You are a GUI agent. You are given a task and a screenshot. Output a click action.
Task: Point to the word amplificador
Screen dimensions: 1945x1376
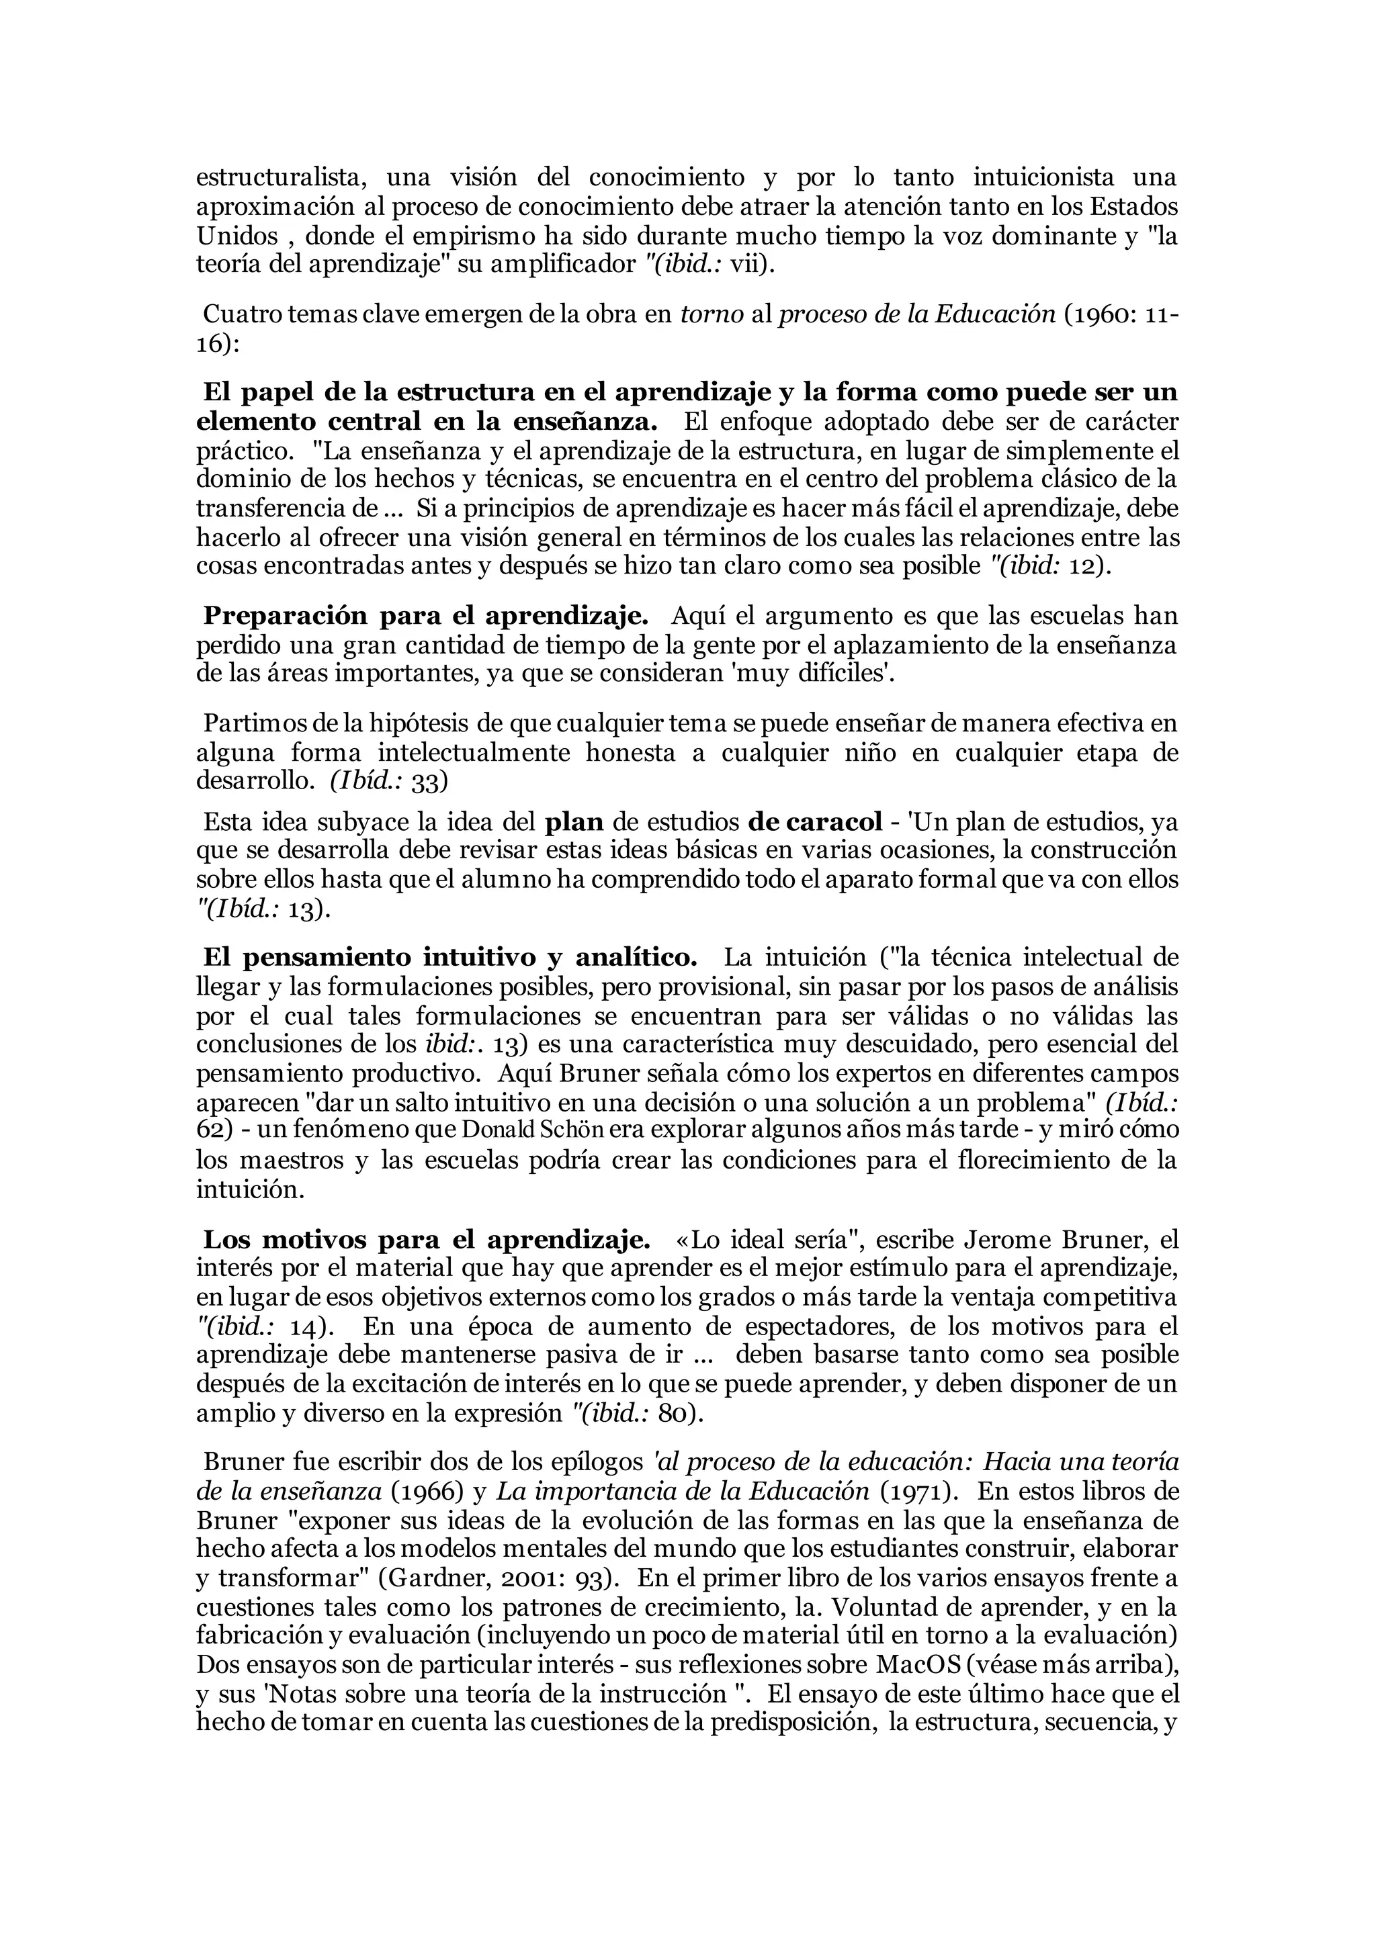click(553, 265)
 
